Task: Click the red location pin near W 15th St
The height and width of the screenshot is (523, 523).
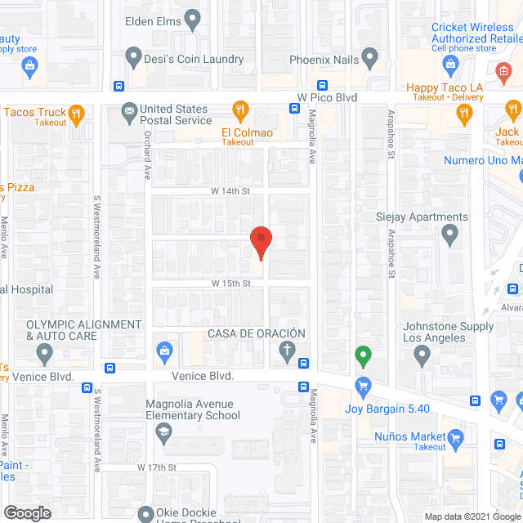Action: click(260, 243)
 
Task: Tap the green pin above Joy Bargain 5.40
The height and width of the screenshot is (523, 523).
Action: click(363, 356)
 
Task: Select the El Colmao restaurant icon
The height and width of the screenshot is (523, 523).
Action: click(240, 110)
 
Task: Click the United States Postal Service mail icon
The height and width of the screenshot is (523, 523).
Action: click(128, 110)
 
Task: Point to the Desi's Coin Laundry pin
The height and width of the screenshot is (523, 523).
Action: click(135, 57)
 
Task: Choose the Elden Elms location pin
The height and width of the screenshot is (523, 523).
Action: click(193, 17)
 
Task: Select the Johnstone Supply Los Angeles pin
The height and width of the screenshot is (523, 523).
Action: click(422, 354)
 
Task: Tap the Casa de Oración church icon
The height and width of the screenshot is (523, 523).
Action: click(287, 352)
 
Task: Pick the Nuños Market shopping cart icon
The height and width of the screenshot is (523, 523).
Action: click(456, 436)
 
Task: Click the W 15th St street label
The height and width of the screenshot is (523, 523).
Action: click(230, 283)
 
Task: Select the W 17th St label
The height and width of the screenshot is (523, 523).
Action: click(158, 467)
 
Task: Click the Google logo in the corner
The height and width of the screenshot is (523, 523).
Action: click(26, 512)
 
